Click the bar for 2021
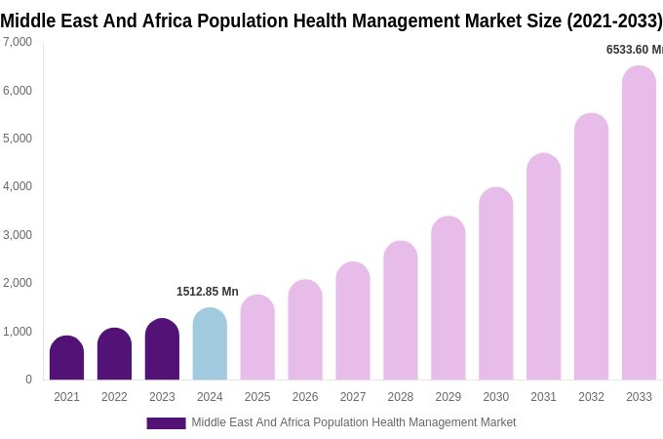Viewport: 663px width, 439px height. (66, 358)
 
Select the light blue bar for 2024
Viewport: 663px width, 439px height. (210, 344)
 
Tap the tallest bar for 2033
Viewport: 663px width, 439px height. (639, 223)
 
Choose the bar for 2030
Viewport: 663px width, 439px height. (495, 284)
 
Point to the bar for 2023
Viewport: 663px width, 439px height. (162, 349)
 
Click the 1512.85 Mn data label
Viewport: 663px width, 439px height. (208, 292)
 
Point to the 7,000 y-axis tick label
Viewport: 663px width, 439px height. (18, 42)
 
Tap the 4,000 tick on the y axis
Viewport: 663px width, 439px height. (18, 186)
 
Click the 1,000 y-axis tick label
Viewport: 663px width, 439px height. (18, 332)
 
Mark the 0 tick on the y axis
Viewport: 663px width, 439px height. (28, 379)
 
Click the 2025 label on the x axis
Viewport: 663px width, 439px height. (257, 397)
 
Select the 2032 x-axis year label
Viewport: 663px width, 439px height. (591, 397)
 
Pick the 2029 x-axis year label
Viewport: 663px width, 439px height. (448, 397)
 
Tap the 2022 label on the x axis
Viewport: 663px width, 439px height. (114, 397)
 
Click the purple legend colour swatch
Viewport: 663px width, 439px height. (166, 423)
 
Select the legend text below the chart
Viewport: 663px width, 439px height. (354, 422)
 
